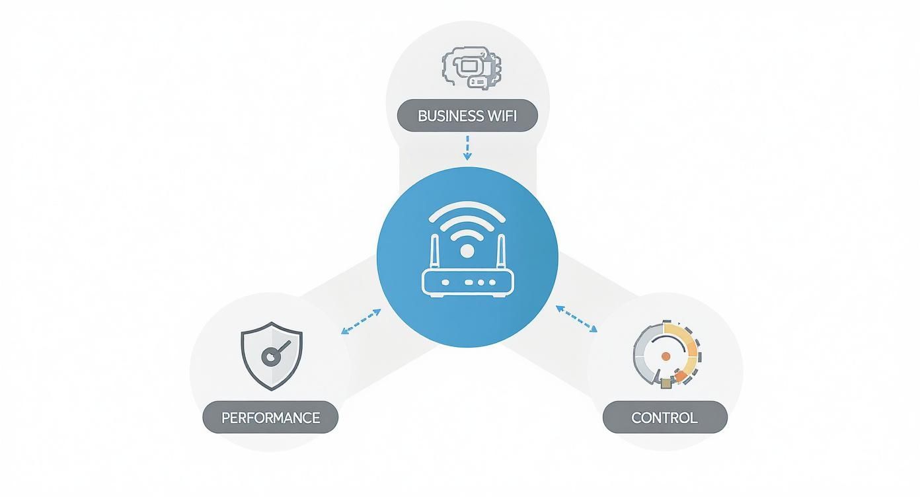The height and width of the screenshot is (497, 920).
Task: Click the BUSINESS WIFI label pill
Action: pos(467,116)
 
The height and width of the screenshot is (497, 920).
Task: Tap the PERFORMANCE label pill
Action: pos(270,418)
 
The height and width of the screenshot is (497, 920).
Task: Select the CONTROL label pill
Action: pos(664,418)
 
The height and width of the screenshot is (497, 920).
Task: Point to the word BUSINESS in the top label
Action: pos(450,116)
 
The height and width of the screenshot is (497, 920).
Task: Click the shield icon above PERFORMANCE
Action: pos(272,356)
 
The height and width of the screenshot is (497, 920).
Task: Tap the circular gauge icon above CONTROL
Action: pos(666,354)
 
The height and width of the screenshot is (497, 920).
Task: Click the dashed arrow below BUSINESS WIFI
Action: pos(467,147)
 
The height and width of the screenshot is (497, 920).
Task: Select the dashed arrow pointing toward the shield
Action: pos(361,321)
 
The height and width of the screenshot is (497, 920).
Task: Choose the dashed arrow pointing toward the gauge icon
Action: pos(576,318)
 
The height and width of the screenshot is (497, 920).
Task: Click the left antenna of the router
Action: pos(435,252)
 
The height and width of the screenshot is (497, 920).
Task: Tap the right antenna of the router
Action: pos(500,252)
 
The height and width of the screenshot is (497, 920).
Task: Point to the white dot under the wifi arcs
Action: pos(467,250)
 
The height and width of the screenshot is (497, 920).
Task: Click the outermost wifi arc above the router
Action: pos(467,206)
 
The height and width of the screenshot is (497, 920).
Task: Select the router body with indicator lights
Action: pos(467,282)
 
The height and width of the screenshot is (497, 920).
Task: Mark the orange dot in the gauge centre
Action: pos(666,356)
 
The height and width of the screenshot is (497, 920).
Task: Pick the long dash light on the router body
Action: pos(470,282)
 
